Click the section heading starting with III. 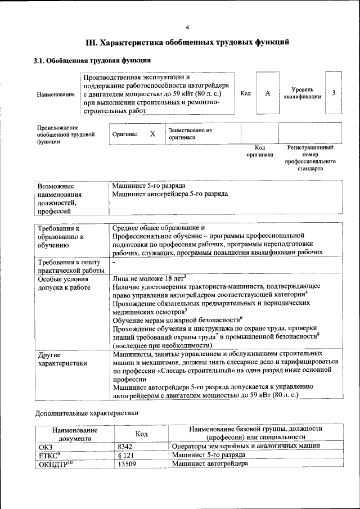(x=187, y=42)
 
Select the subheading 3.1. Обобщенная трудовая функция (x=92, y=60)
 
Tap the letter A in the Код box (x=268, y=93)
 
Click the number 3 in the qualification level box (x=334, y=93)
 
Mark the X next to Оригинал (x=152, y=134)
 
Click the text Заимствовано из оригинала (x=190, y=134)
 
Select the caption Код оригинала (x=259, y=151)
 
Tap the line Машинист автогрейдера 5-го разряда (x=170, y=193)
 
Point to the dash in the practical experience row (x=114, y=262)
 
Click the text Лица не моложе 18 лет (x=148, y=277)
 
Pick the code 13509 (x=129, y=464)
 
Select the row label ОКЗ (x=46, y=446)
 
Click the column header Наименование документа (x=75, y=434)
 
